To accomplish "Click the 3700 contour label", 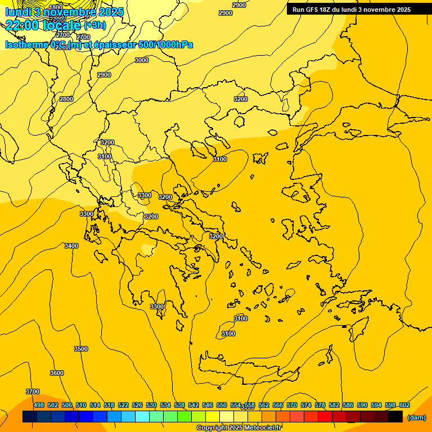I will point(33,391).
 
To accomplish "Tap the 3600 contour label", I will point(57,373).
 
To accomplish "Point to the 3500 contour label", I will point(81,349).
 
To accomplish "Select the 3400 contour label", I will point(71,246).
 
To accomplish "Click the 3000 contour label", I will point(142,60).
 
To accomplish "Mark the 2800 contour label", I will point(66,99).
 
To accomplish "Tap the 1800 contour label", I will point(56,7).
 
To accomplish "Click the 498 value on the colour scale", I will point(39,405).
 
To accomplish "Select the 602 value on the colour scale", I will point(404,405).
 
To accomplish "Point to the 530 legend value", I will point(151,405).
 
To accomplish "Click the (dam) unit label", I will point(416,417).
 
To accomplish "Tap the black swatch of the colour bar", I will point(395,417).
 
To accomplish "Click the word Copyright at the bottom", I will point(211,428).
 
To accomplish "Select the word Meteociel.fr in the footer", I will point(263,428).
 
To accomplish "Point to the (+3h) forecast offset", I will point(94,25).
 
